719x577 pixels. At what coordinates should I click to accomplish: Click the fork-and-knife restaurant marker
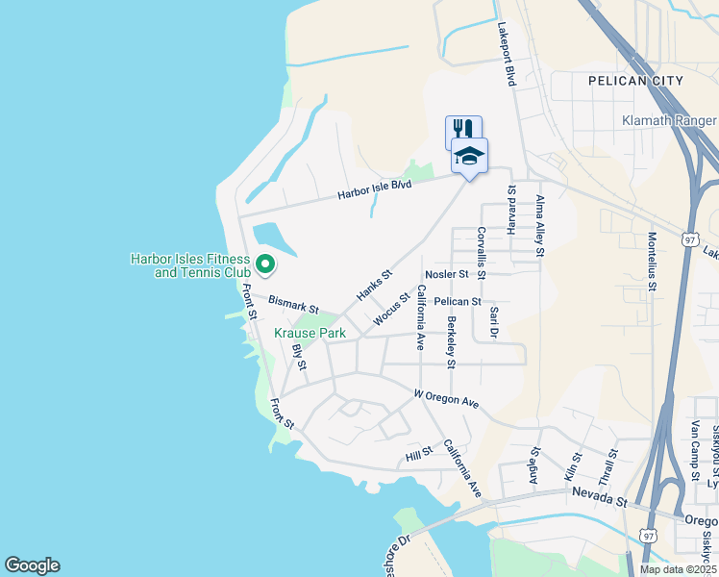[x=462, y=130]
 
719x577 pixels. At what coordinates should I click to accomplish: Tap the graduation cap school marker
[x=469, y=156]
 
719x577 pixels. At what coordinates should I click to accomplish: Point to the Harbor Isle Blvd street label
[x=374, y=188]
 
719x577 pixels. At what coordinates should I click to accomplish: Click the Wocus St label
[x=392, y=309]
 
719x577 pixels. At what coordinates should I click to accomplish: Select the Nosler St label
[x=445, y=274]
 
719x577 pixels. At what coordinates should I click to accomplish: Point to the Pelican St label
[x=457, y=301]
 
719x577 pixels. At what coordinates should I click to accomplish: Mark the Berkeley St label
[x=450, y=341]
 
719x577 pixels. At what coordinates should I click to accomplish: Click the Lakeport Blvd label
[x=507, y=55]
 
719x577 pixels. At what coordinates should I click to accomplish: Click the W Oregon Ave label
[x=446, y=397]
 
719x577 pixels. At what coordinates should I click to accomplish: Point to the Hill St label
[x=420, y=453]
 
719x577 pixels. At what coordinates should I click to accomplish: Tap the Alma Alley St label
[x=539, y=225]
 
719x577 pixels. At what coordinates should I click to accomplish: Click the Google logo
[x=32, y=564]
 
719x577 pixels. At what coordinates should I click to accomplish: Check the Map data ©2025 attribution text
[x=678, y=569]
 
